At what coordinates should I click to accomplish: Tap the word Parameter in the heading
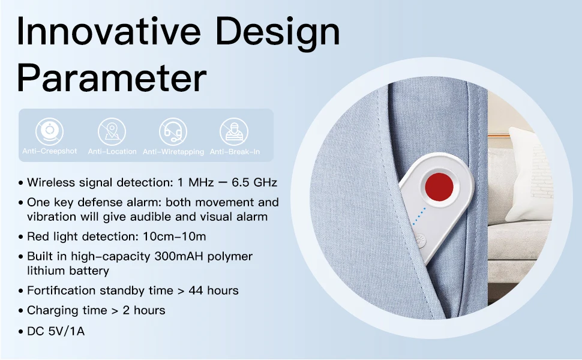coord(112,79)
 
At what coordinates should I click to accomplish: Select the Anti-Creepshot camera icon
coord(50,131)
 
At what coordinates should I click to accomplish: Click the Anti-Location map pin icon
coord(112,131)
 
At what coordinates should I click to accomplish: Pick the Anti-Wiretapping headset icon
coord(173,131)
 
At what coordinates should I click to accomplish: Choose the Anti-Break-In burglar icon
coord(234,131)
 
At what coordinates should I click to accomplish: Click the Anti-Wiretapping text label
coord(173,152)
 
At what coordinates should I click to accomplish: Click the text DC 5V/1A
coord(56,330)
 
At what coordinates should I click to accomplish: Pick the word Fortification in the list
coord(61,290)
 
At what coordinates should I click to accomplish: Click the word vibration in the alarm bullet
coord(52,216)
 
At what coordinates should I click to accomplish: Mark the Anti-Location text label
coord(112,152)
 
